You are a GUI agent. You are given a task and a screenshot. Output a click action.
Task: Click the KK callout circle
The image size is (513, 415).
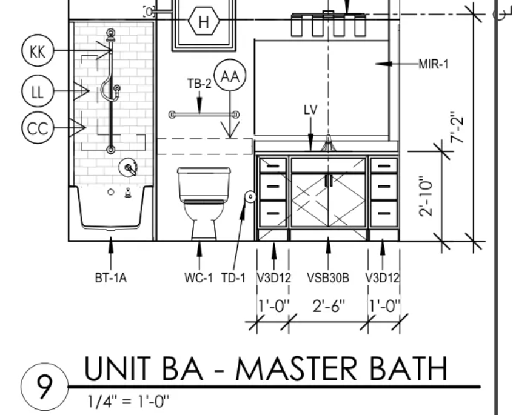click(38, 50)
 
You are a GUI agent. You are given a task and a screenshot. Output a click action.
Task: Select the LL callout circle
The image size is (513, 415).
click(38, 91)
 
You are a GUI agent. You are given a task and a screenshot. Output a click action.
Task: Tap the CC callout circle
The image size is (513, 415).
click(38, 127)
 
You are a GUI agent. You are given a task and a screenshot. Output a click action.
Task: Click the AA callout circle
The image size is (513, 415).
click(230, 75)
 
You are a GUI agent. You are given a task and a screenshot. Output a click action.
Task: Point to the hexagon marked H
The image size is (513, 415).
click(204, 21)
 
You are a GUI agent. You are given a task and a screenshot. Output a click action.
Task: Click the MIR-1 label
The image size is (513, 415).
click(434, 64)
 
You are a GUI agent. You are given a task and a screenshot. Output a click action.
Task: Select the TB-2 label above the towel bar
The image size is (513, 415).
click(199, 84)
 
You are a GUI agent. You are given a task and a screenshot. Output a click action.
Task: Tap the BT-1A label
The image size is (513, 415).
click(111, 278)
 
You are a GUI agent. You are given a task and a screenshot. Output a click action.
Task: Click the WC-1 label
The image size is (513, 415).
click(199, 278)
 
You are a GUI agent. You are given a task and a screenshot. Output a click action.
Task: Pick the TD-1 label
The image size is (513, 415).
click(233, 278)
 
